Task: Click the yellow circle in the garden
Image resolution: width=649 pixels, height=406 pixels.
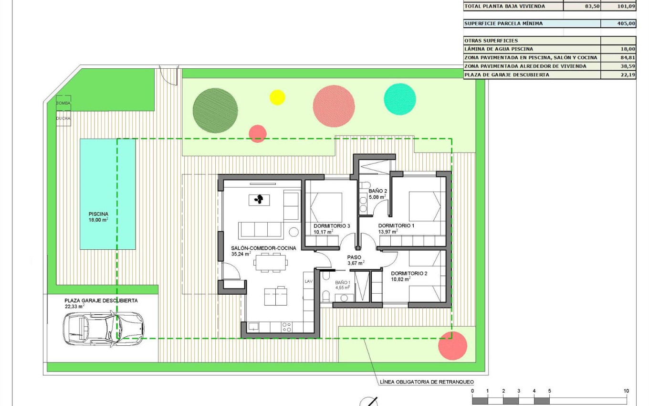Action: tap(277, 97)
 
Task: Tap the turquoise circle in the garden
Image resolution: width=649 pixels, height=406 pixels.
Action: tap(400, 99)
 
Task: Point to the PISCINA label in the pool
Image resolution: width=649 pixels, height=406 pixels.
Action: tap(98, 214)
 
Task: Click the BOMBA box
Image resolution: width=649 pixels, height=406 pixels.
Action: tap(63, 103)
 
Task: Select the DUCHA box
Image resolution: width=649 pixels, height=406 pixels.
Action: tap(63, 118)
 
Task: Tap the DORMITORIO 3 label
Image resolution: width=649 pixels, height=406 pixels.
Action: tap(332, 225)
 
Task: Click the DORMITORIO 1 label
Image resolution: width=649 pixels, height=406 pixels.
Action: tap(396, 225)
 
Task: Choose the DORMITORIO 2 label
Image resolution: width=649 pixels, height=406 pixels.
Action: tap(409, 274)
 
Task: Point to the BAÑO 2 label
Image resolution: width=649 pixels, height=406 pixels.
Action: tap(377, 191)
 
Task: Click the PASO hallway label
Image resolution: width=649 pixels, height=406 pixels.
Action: tap(354, 257)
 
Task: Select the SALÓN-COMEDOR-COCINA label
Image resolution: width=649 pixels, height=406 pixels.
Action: tap(263, 248)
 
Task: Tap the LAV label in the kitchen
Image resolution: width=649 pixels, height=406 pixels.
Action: tap(308, 282)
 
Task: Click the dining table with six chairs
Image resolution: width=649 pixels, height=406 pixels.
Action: tap(271, 263)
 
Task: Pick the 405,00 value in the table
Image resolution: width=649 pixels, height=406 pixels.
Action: tap(626, 23)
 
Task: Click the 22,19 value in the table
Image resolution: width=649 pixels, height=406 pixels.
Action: tap(626, 75)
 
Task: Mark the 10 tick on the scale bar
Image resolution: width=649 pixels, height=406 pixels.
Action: tap(626, 391)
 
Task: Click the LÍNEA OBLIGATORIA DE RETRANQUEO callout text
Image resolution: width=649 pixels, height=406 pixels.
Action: tap(427, 382)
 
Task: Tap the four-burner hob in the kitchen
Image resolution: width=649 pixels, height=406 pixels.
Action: tap(287, 327)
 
